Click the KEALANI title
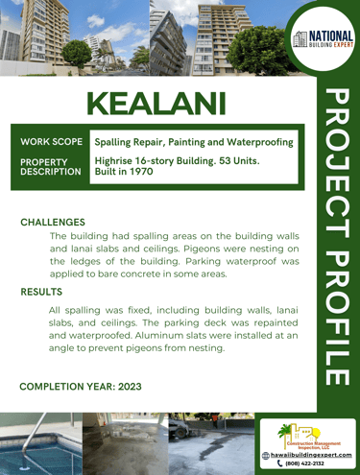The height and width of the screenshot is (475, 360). coord(156,104)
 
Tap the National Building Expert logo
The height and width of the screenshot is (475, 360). coord(324,39)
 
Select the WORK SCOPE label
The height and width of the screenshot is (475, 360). coord(51,142)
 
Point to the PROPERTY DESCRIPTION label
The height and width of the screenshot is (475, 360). coord(51,167)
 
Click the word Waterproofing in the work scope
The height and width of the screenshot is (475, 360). coord(260,142)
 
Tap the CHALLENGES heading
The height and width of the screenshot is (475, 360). coord(53,223)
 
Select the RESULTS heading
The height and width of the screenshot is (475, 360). coord(41,292)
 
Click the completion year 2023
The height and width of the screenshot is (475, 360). coord(130,387)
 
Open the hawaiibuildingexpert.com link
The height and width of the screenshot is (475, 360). coord(311,455)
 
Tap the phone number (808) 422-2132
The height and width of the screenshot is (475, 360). coord(304,463)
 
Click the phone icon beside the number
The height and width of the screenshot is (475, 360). coord(279,463)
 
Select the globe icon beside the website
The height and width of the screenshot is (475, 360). coord(266,456)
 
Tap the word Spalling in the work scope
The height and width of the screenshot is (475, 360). coord(112,142)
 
